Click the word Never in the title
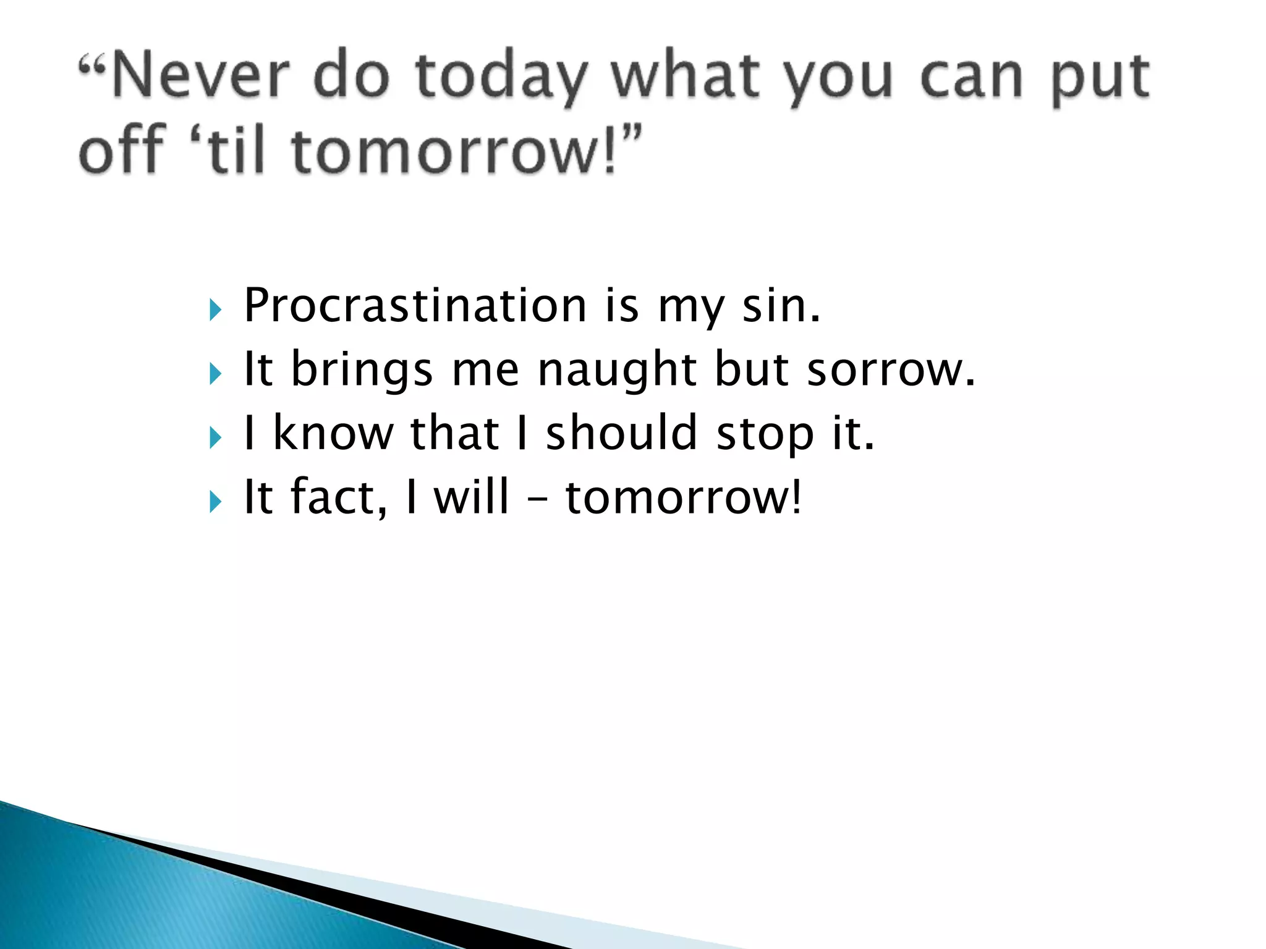(x=199, y=77)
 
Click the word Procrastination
(x=415, y=305)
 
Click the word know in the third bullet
(x=333, y=432)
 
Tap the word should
(x=621, y=432)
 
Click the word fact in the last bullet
(x=333, y=496)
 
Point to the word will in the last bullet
(x=471, y=496)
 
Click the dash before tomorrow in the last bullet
(x=537, y=498)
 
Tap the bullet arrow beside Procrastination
(x=215, y=309)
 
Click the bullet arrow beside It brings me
(x=215, y=373)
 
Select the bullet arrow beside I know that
(x=215, y=437)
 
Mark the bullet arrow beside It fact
(x=215, y=501)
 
